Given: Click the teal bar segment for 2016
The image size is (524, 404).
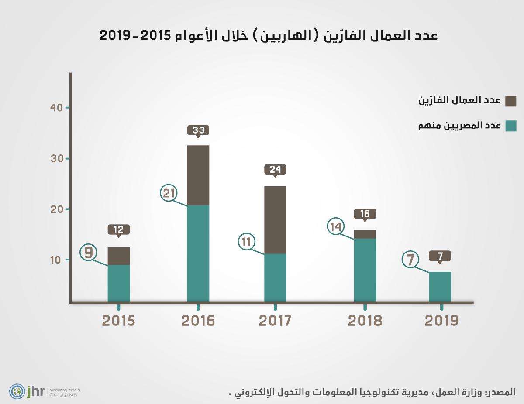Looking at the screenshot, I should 198,253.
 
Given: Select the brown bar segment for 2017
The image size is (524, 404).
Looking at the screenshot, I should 275,219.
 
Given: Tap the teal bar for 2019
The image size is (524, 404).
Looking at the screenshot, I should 440,287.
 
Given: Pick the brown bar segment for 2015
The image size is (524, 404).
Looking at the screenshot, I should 119,256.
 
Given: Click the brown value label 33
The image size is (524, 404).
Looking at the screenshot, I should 198,130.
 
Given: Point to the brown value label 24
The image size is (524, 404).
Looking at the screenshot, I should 275,169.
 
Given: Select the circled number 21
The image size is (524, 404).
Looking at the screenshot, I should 169,193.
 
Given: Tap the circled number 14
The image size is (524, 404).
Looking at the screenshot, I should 336,226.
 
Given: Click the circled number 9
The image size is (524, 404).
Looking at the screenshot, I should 89,253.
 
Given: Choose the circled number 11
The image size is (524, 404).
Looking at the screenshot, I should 247,242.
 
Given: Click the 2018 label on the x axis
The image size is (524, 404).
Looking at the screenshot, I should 365,321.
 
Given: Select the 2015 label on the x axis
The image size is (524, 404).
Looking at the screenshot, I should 119,321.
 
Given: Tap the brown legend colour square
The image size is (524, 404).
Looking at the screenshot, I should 511,101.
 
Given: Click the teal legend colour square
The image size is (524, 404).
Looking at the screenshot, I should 511,126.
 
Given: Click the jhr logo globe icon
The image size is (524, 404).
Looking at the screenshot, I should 17,391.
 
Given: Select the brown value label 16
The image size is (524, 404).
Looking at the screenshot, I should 365,214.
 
